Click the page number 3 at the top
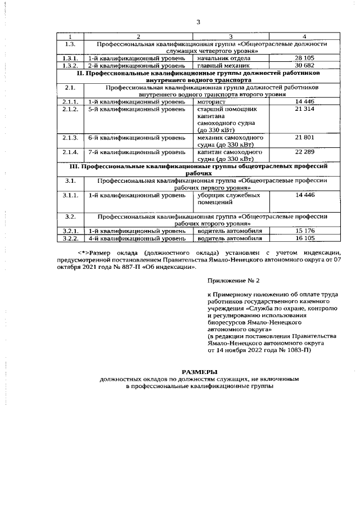(x=198, y=22)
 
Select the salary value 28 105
(x=304, y=58)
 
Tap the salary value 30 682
(x=304, y=66)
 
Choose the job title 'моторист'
(x=211, y=101)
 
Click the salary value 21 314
(x=304, y=109)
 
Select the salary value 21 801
(x=304, y=138)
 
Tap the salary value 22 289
(x=304, y=152)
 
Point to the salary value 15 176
(x=304, y=231)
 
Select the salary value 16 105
(x=304, y=238)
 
